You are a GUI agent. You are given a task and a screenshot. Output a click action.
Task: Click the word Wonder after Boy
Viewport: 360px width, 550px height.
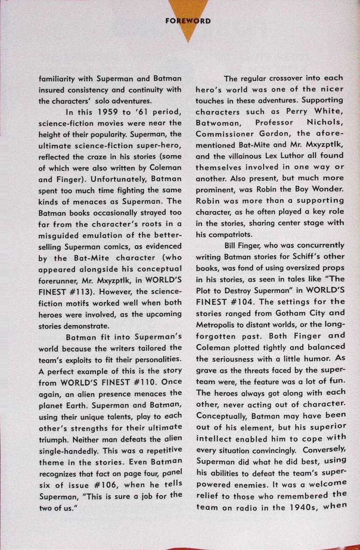pos(327,189)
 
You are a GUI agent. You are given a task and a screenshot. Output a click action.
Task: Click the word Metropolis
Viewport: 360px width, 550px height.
pos(218,324)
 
